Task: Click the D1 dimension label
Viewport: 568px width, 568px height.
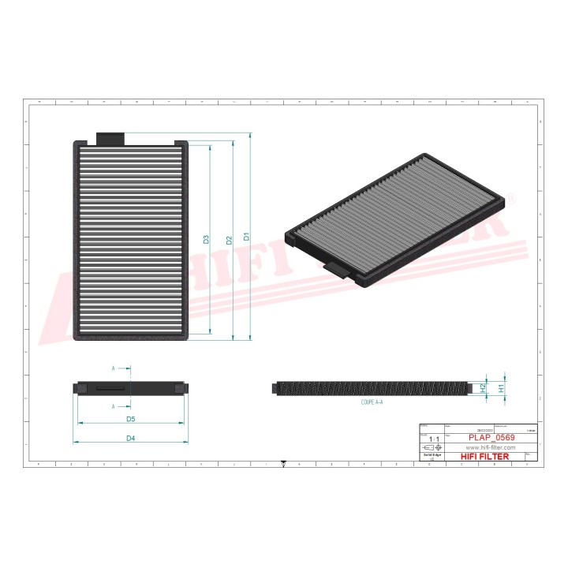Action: pyautogui.click(x=246, y=236)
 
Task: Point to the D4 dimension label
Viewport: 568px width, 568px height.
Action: pyautogui.click(x=131, y=438)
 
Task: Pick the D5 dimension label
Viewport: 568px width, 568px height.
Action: pyautogui.click(x=131, y=418)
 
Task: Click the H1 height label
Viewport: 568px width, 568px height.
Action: pyautogui.click(x=501, y=388)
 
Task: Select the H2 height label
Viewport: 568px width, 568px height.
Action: pyautogui.click(x=483, y=388)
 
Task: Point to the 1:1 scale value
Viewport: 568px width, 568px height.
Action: pyautogui.click(x=431, y=438)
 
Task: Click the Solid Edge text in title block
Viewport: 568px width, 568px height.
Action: pyautogui.click(x=431, y=455)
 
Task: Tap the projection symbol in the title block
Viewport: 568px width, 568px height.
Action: pyautogui.click(x=431, y=447)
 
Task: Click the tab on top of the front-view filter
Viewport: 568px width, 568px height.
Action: pyautogui.click(x=110, y=138)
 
